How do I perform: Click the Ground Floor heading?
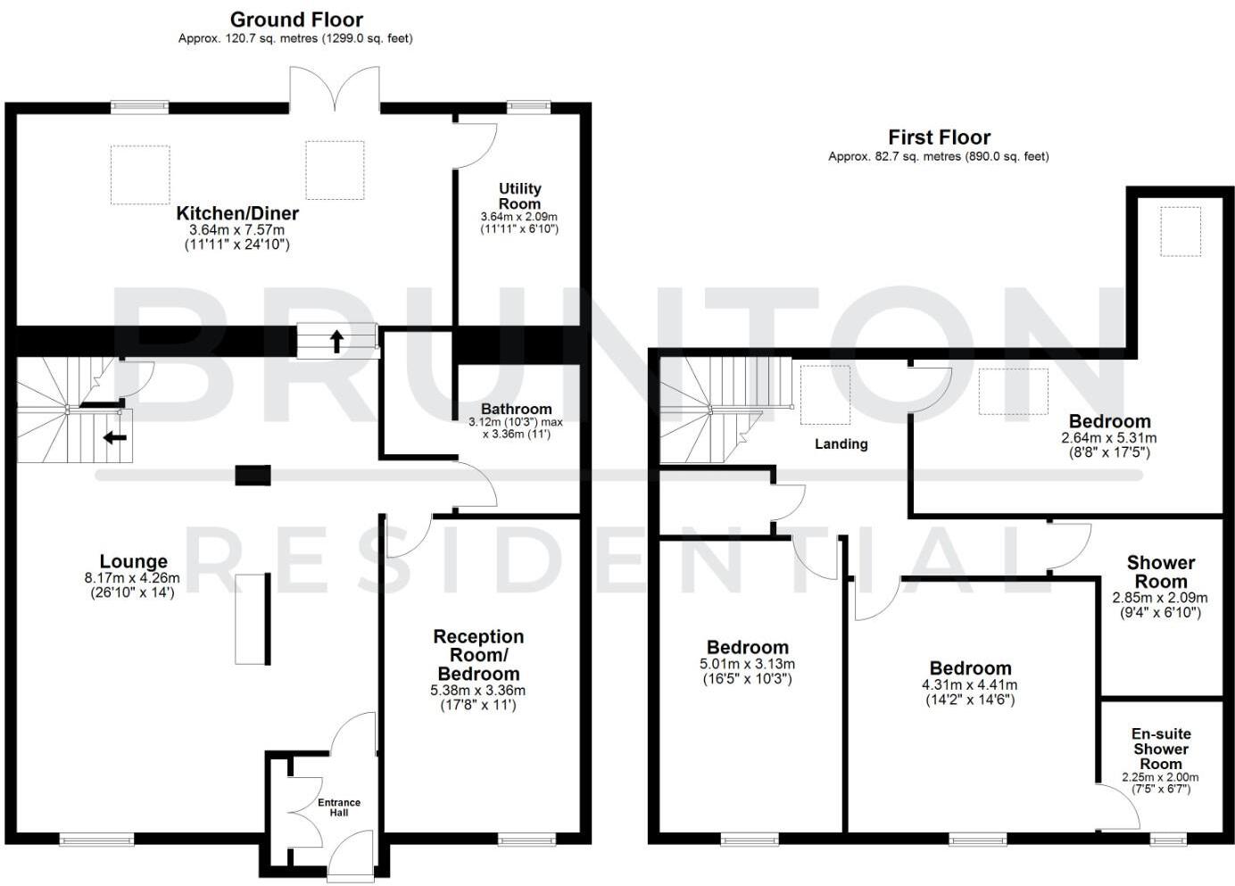pyautogui.click(x=296, y=20)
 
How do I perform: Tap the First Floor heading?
pyautogui.click(x=939, y=137)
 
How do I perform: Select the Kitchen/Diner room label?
pyautogui.click(x=237, y=214)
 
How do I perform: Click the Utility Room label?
pyautogui.click(x=519, y=195)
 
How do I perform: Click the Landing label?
pyautogui.click(x=841, y=443)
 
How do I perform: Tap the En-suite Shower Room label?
pyautogui.click(x=1161, y=749)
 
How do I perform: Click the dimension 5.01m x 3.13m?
pyautogui.click(x=747, y=664)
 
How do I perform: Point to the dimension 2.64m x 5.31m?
pyautogui.click(x=1109, y=438)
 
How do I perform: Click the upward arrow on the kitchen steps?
pyautogui.click(x=337, y=341)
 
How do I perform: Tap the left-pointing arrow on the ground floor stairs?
pyautogui.click(x=114, y=437)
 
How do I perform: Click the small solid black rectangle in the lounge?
pyautogui.click(x=253, y=475)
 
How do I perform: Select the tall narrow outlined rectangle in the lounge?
pyautogui.click(x=252, y=619)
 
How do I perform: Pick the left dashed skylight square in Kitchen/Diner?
pyautogui.click(x=140, y=175)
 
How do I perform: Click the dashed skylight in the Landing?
pyautogui.click(x=825, y=393)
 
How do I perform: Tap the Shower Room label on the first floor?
pyautogui.click(x=1160, y=571)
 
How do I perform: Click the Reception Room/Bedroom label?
pyautogui.click(x=478, y=655)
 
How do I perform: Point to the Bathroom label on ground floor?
pyautogui.click(x=510, y=409)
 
